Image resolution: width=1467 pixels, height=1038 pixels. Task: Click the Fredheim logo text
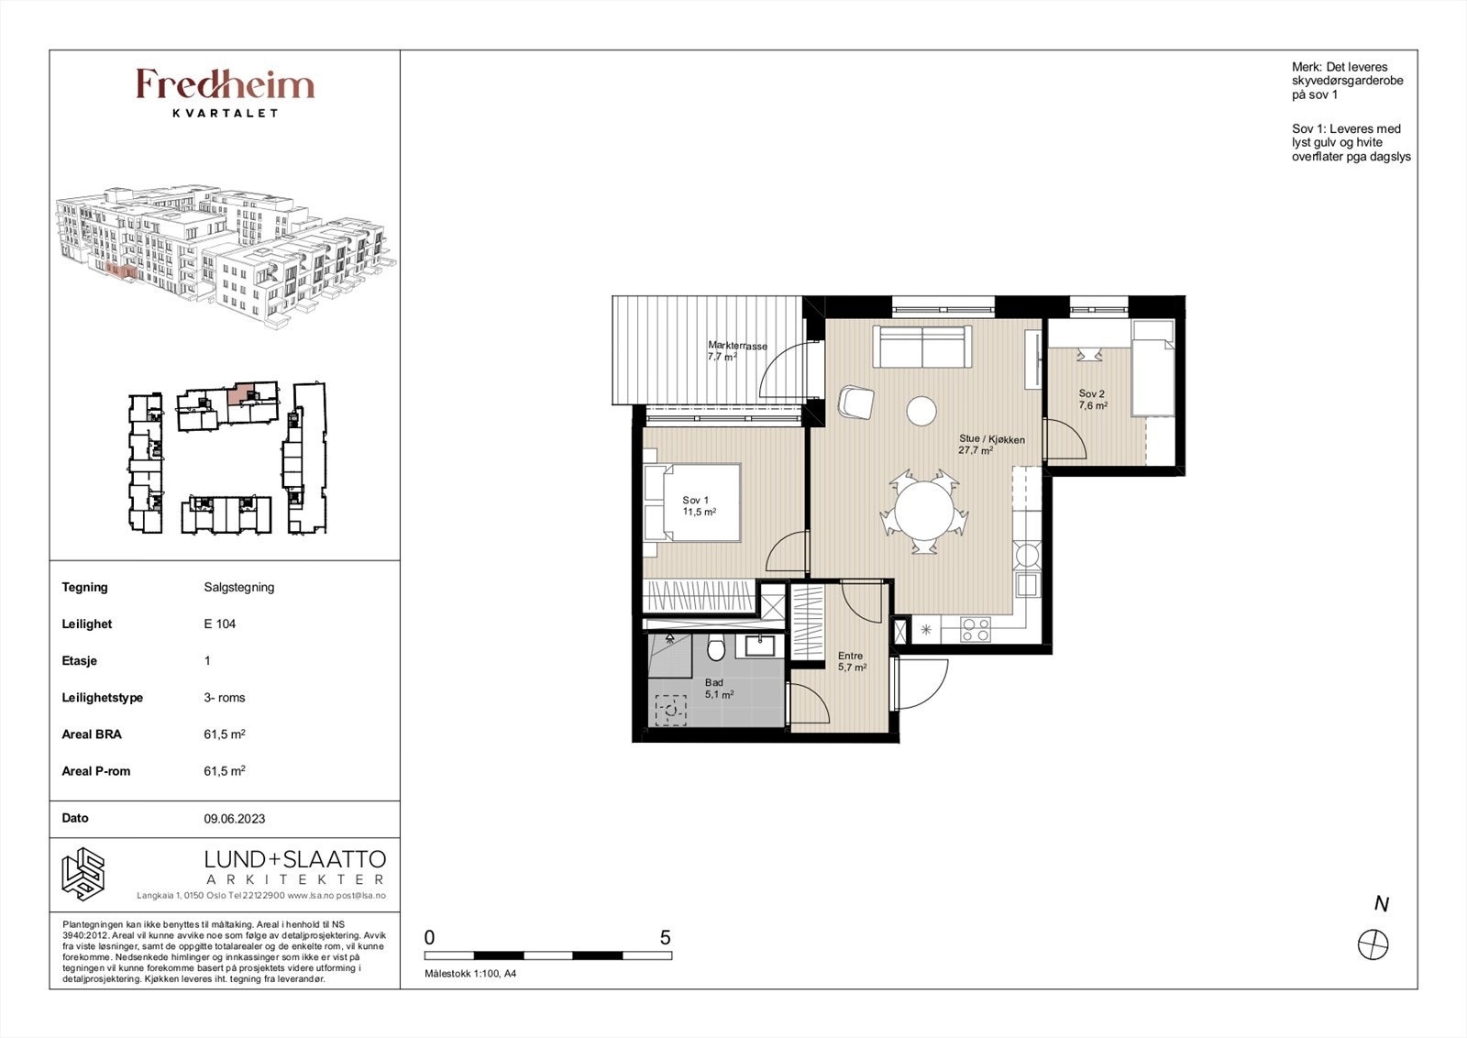[x=226, y=84]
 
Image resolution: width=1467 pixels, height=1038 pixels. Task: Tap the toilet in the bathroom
[x=716, y=647]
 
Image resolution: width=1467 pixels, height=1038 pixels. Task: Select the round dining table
[x=924, y=512]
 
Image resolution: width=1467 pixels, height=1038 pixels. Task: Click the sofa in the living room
[x=922, y=348]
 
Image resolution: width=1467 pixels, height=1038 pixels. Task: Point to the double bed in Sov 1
[x=692, y=502]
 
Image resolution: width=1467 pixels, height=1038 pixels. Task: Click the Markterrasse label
[x=737, y=351]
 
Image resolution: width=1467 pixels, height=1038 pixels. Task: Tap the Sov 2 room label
[x=1092, y=400]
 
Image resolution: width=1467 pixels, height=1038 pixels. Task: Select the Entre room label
[x=852, y=661]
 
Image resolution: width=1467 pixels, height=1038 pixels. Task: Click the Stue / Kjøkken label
[x=991, y=445]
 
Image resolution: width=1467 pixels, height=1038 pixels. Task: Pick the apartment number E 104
[x=219, y=624]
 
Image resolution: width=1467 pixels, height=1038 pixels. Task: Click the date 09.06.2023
[x=235, y=819]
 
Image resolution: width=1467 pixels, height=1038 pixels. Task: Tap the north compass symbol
[x=1373, y=945]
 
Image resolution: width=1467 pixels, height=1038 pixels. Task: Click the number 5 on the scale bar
[x=666, y=938]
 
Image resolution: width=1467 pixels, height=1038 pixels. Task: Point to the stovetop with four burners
[x=976, y=630]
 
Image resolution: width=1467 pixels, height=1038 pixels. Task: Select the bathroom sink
[x=760, y=645]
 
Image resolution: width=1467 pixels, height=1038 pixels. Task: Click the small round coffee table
[x=921, y=412]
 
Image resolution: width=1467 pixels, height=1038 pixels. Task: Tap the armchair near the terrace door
[x=856, y=402]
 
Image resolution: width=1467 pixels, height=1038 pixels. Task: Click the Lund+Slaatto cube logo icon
[x=83, y=874]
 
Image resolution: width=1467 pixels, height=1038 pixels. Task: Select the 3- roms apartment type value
[x=225, y=698]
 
